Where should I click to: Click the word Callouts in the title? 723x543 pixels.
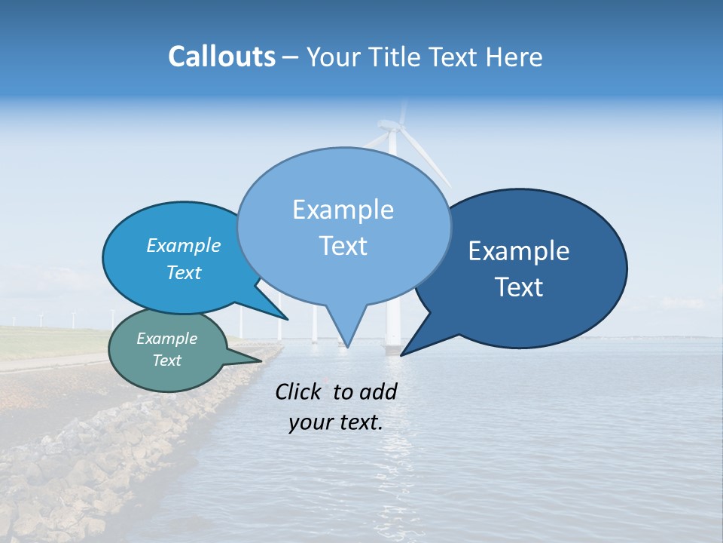coord(221,57)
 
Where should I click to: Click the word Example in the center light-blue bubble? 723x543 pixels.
coord(343,210)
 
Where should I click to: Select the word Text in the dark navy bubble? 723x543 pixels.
coord(520,287)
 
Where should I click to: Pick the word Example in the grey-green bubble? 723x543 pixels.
coord(166,339)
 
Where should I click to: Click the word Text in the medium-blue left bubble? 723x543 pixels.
coord(184,272)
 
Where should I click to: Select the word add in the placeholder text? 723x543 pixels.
coord(378,391)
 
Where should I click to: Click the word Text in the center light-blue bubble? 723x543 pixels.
coord(343,246)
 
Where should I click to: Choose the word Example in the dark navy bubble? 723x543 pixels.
coord(519,251)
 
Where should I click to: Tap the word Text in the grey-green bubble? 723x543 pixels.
coord(166,360)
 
